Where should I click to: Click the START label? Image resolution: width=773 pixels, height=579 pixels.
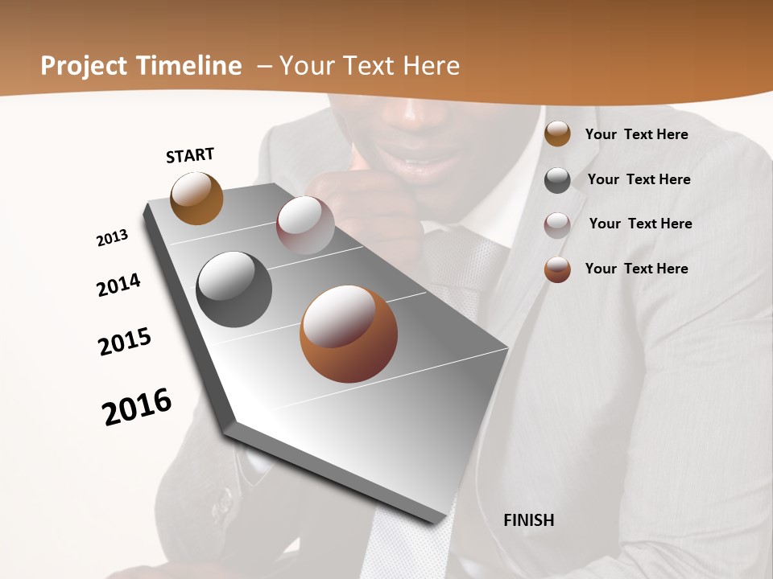tap(190, 155)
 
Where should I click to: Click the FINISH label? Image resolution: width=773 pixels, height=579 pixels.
tap(528, 520)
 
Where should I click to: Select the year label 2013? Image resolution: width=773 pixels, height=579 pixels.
tap(112, 238)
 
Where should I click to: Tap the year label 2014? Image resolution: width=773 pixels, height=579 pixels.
tap(118, 285)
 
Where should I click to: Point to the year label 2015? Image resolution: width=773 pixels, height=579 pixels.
tap(125, 342)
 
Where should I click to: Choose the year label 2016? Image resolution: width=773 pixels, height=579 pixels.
tap(137, 407)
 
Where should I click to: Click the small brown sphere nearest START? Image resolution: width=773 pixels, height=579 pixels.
tap(196, 198)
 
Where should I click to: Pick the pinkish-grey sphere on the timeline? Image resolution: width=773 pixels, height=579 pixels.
tap(305, 225)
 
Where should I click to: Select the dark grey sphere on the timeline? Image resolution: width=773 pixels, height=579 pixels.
tap(234, 289)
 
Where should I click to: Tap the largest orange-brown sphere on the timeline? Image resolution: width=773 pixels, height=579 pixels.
tap(348, 334)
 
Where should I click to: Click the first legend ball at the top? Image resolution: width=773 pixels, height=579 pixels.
tap(557, 134)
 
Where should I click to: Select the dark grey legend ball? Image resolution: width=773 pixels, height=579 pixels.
tap(557, 180)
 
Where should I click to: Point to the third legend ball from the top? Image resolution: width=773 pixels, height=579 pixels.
tap(557, 224)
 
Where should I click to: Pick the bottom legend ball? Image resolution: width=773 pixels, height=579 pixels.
tap(557, 269)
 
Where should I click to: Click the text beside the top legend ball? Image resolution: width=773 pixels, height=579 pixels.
tap(636, 134)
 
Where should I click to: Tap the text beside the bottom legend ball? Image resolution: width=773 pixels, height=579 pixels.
tap(636, 269)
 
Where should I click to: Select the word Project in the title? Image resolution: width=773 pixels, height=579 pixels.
tap(84, 66)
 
